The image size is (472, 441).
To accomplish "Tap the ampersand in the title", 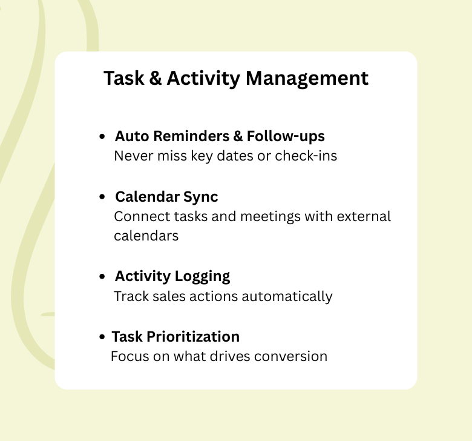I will tap(156, 79).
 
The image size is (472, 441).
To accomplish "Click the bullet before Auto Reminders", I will tap(102, 138).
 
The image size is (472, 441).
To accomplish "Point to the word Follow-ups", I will tap(286, 136).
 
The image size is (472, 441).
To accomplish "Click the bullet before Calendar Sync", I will tap(102, 198).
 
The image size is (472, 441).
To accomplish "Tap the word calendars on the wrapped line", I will tap(146, 236).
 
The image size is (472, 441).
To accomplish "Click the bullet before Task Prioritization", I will tap(102, 337).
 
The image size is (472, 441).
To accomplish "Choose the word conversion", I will tap(290, 356).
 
